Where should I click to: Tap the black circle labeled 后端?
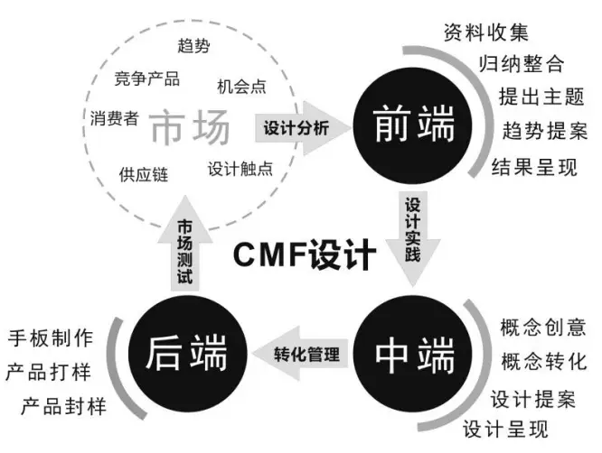click(188, 354)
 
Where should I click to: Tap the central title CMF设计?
click(305, 255)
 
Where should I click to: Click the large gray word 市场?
click(189, 130)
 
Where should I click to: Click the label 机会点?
click(241, 87)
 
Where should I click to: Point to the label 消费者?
click(114, 117)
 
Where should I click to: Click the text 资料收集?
click(485, 34)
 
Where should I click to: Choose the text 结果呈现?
click(534, 166)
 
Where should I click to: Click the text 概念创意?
click(543, 327)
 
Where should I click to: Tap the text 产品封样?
click(62, 406)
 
